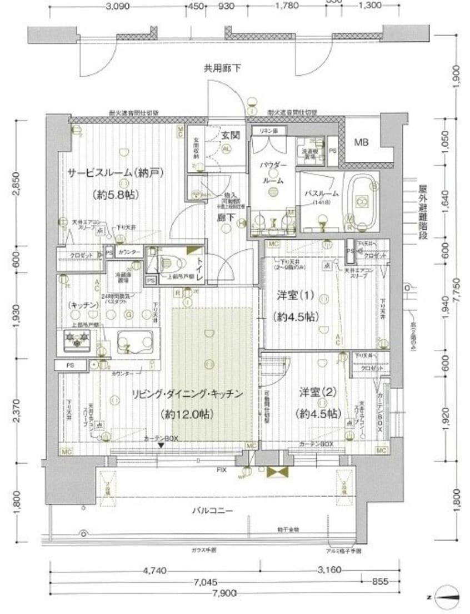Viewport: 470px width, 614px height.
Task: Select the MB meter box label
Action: (361, 142)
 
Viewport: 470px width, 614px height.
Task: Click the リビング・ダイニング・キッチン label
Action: (187, 394)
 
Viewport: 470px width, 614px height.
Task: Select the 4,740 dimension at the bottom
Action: (156, 570)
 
